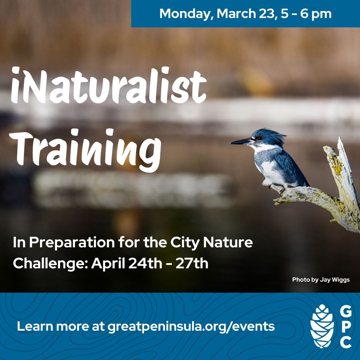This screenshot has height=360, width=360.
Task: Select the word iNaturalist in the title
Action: click(109, 85)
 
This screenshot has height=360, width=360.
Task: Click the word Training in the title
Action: click(85, 150)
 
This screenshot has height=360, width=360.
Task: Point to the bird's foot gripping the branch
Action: click(282, 190)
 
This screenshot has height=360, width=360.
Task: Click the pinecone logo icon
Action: click(322, 326)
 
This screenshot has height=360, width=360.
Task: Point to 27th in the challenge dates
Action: click(192, 263)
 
